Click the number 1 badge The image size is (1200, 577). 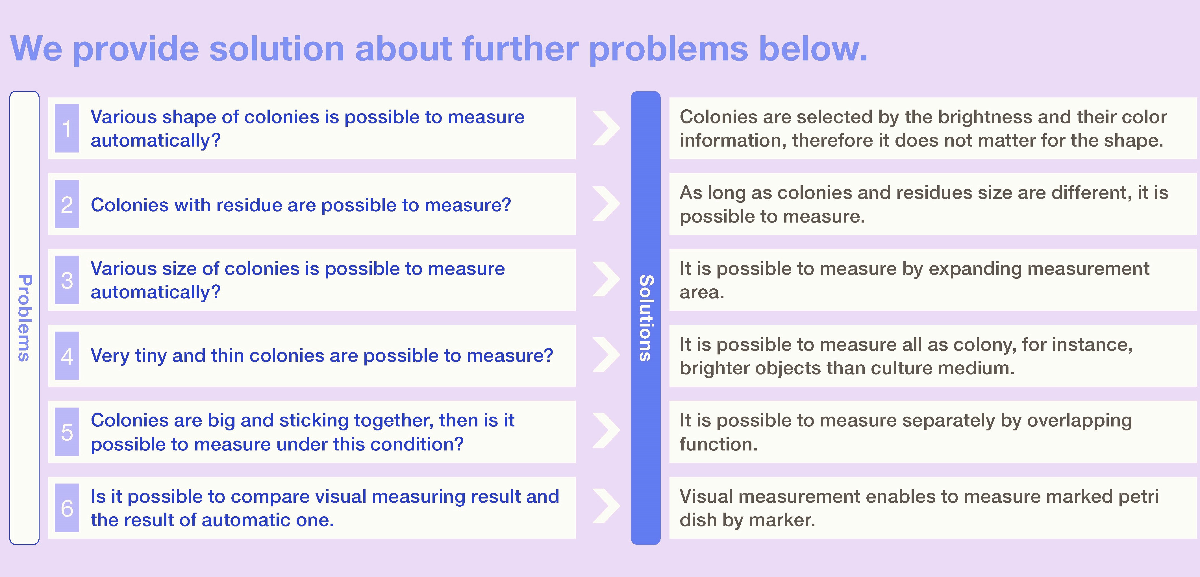[67, 128]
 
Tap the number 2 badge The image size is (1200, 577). [67, 204]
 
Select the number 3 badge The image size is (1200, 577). [67, 280]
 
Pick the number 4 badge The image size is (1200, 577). [67, 356]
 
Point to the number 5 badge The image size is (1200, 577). [67, 432]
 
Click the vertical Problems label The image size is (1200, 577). [24, 318]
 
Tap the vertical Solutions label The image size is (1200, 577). [646, 318]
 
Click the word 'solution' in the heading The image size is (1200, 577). [277, 48]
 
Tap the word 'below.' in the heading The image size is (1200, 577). [813, 48]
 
